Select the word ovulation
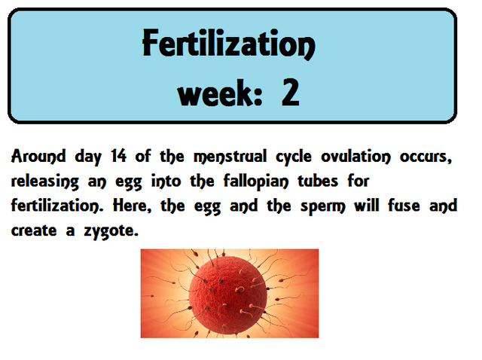click(385, 157)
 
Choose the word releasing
click(48, 182)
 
